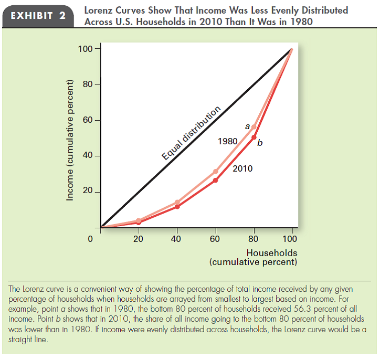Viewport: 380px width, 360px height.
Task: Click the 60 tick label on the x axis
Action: tap(215, 239)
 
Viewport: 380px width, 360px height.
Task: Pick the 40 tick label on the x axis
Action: tap(176, 239)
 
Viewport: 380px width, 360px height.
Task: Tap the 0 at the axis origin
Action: tap(90, 239)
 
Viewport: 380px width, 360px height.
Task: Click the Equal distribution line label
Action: tap(191, 134)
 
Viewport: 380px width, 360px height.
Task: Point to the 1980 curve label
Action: tap(227, 142)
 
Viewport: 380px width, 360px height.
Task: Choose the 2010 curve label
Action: tap(242, 168)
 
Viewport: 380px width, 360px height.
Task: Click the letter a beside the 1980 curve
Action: tap(247, 126)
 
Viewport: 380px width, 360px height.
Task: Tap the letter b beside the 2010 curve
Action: tap(260, 142)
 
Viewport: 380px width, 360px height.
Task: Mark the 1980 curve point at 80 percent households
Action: tap(254, 127)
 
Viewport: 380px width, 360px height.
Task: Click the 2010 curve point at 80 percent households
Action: tap(254, 137)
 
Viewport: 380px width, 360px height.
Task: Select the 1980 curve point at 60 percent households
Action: tap(216, 172)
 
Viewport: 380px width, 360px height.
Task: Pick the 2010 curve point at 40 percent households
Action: tap(177, 206)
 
